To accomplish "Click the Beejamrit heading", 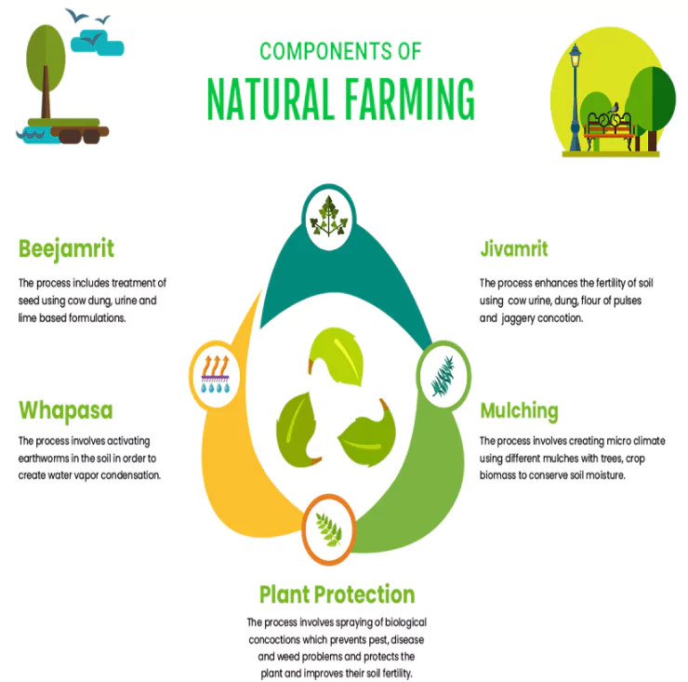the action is (66, 249).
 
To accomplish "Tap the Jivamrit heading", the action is (514, 248).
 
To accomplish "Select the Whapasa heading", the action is (66, 410).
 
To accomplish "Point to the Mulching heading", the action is (519, 411).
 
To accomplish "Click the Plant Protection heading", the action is (337, 595).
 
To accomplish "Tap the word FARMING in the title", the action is (410, 100).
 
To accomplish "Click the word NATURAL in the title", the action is (271, 100).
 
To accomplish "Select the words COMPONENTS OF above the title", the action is (340, 51).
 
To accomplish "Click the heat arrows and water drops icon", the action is (215, 374).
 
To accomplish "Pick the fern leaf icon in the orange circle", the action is (328, 530).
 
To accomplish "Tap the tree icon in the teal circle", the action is (328, 217).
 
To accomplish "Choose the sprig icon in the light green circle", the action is (443, 376).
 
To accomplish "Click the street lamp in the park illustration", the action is (575, 98).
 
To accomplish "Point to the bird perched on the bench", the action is (615, 108).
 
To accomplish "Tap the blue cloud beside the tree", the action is (98, 43).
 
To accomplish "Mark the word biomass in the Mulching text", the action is (497, 475).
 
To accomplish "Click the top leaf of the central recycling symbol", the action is (337, 356).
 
